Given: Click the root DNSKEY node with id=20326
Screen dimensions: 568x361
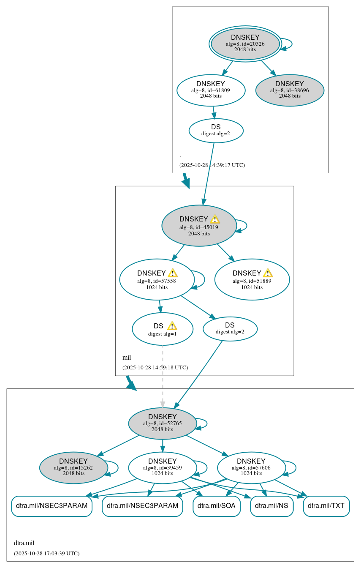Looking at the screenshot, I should pos(245,44).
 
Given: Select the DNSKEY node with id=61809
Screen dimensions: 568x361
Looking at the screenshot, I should pos(211,90).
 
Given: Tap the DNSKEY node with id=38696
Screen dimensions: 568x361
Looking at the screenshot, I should pos(290,90).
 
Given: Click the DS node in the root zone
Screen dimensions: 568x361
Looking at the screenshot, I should pos(216,130).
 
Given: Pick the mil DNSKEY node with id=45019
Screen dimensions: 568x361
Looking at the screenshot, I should pos(198,226).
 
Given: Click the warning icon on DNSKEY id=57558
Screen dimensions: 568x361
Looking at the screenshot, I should pos(173,273).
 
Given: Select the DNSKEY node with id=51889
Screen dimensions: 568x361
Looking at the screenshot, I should pos(252,279).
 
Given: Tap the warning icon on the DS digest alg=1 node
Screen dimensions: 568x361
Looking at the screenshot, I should pos(172,326).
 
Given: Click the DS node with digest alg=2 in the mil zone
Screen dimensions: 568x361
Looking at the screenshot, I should pos(230,328).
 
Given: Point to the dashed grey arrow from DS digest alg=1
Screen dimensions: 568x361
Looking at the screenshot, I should pos(163,376).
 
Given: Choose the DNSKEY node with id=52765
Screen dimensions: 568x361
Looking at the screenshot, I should pos(162,423).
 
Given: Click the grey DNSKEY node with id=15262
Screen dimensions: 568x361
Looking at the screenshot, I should pos(73,467).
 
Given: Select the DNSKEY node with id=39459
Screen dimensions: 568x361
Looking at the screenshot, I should pos(162,467).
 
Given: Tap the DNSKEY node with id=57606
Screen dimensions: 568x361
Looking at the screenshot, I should pos(251,467).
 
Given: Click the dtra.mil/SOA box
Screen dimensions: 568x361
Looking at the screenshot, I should pos(217,506).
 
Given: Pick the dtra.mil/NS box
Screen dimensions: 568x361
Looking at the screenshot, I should pos(271,506).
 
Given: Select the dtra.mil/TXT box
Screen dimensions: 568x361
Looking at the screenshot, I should pos(326,506).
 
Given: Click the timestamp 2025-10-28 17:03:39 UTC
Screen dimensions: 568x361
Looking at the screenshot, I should pos(46,553).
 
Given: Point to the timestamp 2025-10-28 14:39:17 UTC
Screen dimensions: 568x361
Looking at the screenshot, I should pos(212,165).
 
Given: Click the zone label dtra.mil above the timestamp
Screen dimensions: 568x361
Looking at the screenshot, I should pos(24,543).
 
